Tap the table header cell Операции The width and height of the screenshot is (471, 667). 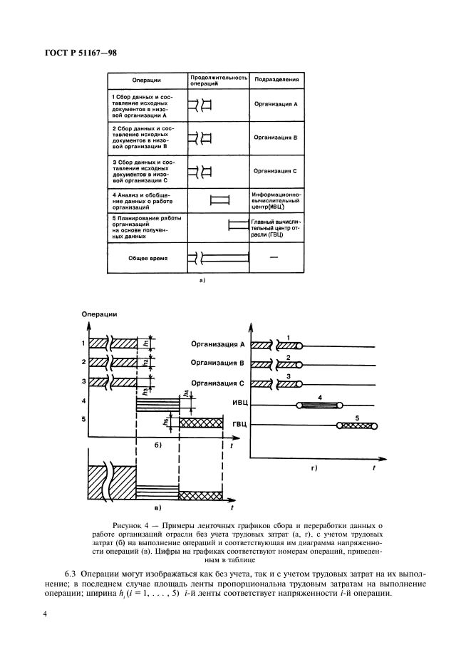(x=145, y=81)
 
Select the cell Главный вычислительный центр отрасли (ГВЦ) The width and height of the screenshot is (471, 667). (x=276, y=228)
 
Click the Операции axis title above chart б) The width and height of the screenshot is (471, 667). (x=99, y=314)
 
